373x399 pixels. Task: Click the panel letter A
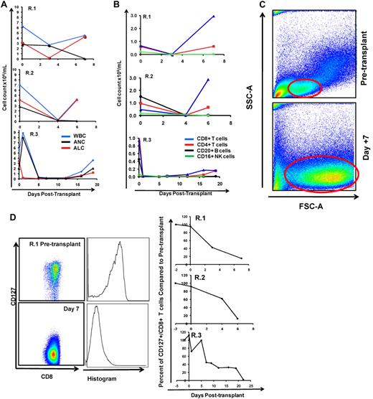pyautogui.click(x=4, y=5)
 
